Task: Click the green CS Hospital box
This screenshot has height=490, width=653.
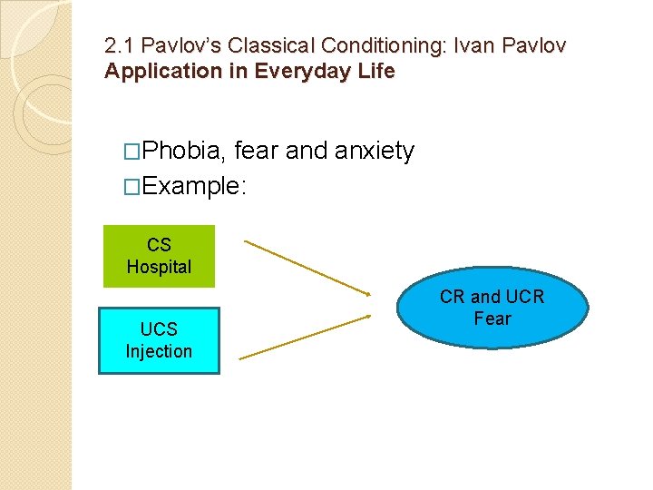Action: click(159, 256)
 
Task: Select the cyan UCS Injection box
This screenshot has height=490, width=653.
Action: click(159, 340)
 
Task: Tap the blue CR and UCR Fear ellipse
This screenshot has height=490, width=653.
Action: click(492, 308)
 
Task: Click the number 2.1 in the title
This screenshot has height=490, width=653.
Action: click(118, 45)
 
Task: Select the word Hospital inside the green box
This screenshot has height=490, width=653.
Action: click(159, 267)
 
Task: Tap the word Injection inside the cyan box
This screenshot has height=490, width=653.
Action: click(159, 351)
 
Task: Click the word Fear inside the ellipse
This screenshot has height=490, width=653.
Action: click(492, 318)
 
